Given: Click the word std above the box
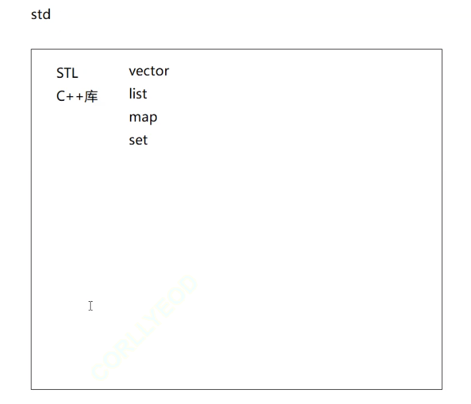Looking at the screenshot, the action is click(x=41, y=14).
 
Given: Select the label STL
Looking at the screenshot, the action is click(x=67, y=74).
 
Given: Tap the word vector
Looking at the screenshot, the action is click(x=149, y=71).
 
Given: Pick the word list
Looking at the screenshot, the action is click(x=137, y=94).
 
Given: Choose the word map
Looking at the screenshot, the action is click(x=143, y=118).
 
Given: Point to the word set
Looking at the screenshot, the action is click(x=138, y=140).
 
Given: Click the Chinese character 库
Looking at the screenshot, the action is click(x=91, y=96).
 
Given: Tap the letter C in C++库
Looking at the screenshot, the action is click(x=61, y=97).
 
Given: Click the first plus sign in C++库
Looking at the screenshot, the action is click(x=70, y=97).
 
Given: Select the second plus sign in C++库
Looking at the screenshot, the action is click(x=78, y=97).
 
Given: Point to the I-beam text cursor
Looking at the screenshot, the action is click(x=90, y=306).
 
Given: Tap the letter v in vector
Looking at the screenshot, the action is click(x=133, y=72).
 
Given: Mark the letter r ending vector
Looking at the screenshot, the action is click(x=166, y=72).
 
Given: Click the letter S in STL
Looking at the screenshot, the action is click(x=60, y=74).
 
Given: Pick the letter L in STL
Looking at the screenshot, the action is click(x=74, y=74).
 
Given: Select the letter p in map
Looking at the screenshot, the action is click(x=153, y=118).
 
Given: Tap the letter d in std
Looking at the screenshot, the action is click(x=46, y=14).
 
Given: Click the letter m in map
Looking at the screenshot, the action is click(x=134, y=118).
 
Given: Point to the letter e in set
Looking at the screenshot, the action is click(x=139, y=141).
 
